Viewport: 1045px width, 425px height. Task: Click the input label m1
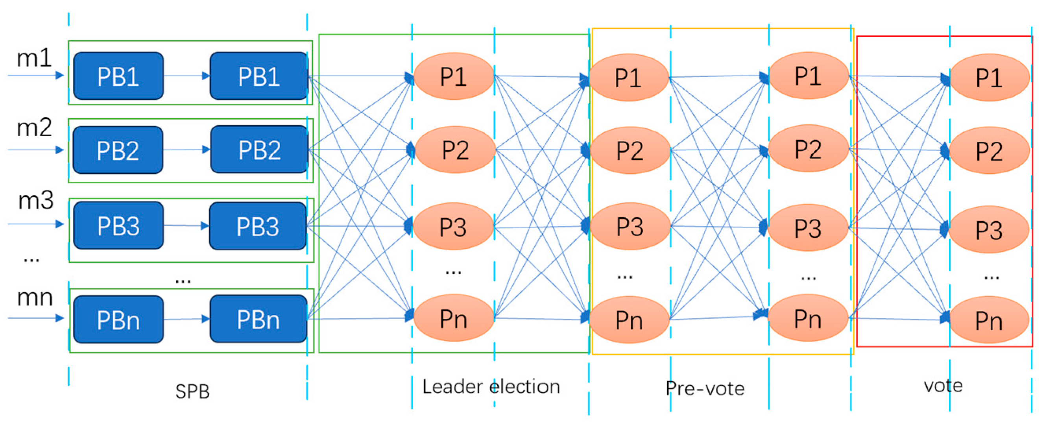point(34,58)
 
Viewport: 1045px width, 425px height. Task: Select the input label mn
point(35,297)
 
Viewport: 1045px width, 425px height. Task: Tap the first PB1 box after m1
point(118,76)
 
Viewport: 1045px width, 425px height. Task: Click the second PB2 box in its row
point(259,150)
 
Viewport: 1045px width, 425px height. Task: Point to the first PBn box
point(118,320)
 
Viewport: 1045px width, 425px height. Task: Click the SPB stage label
point(192,391)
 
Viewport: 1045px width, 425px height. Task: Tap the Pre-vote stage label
point(705,388)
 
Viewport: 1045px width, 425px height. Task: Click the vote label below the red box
point(943,385)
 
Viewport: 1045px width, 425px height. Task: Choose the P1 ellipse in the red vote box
point(989,77)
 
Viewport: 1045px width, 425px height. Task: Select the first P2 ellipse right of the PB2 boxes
point(455,150)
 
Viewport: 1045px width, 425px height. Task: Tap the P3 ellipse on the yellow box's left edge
point(630,226)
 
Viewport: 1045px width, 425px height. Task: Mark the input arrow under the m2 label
point(36,150)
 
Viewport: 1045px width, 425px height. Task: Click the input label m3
point(36,201)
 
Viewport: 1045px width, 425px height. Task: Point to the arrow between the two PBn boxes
point(186,319)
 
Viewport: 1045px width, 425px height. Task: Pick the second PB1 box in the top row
point(259,76)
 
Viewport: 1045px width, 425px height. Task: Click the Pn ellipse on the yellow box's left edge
point(629,320)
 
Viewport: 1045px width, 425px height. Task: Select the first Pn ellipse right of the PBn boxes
point(454,319)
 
